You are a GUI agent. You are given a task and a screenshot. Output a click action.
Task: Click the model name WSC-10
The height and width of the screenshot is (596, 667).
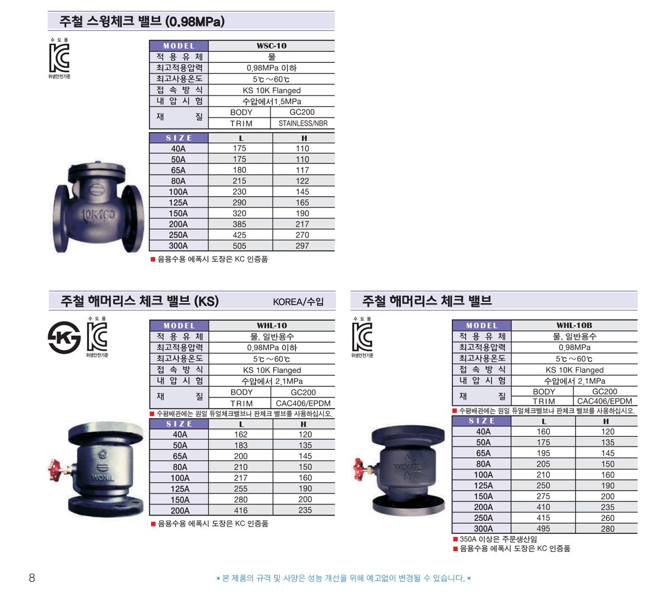[271, 46]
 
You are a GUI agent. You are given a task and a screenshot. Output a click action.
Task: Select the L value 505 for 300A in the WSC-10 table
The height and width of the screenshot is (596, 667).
[240, 246]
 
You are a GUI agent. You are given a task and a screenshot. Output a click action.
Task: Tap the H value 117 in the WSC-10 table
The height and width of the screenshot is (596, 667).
[302, 170]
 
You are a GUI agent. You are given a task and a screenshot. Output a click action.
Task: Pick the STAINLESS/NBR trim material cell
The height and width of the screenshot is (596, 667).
[303, 123]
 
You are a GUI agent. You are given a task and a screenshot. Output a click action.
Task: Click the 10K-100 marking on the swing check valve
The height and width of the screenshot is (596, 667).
[98, 216]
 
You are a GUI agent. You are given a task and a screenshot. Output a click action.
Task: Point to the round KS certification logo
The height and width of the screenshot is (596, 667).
[64, 337]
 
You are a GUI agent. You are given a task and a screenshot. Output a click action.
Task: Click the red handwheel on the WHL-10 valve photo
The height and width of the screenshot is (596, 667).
[54, 470]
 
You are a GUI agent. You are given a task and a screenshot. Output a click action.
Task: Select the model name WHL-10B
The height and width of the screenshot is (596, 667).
[574, 325]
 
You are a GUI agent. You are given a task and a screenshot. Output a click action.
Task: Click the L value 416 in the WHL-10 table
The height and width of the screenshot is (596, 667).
[241, 510]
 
